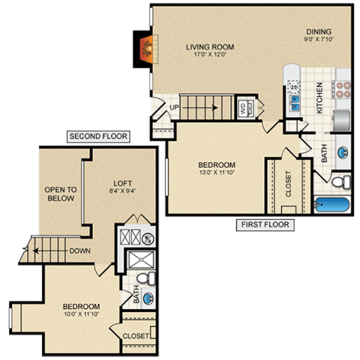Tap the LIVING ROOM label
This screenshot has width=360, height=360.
210,46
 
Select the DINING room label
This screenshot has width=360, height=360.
318,32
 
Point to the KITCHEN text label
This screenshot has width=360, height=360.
319,98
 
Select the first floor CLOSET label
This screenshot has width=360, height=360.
288,184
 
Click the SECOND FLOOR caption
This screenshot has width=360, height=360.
98,136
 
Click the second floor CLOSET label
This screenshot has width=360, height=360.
136,336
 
